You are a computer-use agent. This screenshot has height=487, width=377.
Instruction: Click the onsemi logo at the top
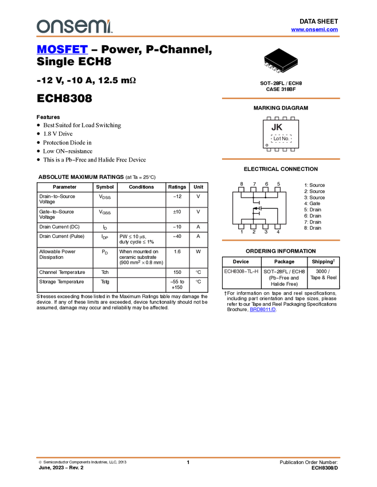74,26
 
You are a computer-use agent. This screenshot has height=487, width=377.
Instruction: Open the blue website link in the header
314,30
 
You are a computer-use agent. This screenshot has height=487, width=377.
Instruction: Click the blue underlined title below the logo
62,50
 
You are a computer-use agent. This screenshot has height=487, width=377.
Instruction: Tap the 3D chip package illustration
281,60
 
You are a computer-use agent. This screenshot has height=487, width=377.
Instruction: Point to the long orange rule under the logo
188,37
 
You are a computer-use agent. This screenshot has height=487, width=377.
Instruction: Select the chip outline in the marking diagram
281,135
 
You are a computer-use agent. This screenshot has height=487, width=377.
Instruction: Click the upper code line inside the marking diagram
277,127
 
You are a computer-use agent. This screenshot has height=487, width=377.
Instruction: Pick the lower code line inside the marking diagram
281,139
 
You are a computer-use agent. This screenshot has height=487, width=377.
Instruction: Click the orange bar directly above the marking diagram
281,99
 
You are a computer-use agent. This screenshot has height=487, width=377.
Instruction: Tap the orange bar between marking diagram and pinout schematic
281,159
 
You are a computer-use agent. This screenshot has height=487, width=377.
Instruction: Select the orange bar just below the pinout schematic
281,241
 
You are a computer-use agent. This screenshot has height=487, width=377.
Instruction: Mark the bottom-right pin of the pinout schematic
278,229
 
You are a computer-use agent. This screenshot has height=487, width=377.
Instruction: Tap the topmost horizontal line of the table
122,207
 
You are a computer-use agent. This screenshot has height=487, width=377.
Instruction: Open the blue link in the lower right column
263,310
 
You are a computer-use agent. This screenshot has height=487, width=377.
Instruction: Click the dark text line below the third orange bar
242,272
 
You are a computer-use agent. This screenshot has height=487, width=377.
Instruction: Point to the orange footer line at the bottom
188,458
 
